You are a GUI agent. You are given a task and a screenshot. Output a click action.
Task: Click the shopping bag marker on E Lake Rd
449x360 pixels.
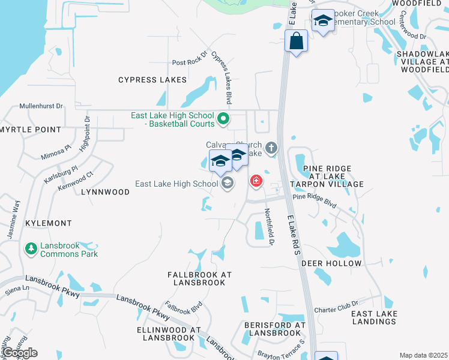tap(296, 41)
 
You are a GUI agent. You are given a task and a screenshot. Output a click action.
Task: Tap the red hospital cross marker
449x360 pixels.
tap(256, 181)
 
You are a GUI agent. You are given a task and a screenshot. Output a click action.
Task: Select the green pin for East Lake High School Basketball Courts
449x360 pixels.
tap(223, 119)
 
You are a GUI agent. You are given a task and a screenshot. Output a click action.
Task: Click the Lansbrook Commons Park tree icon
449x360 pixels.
tap(31, 248)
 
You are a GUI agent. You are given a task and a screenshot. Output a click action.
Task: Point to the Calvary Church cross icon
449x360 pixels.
tap(271, 148)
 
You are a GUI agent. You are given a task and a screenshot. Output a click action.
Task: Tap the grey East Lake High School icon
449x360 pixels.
tap(227, 183)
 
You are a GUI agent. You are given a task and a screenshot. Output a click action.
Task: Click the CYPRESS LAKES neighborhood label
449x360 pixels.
tap(152, 80)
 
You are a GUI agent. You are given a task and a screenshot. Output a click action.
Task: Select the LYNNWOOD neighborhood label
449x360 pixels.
tap(105, 192)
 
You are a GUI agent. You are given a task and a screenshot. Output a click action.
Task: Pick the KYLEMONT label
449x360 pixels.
tap(48, 223)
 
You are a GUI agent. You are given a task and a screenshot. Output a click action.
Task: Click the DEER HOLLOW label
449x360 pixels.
tap(331, 263)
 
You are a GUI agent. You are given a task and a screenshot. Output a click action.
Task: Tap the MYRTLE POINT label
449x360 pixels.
tap(31, 130)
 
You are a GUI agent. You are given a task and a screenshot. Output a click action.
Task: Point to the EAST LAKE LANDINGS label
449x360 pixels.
tap(373, 317)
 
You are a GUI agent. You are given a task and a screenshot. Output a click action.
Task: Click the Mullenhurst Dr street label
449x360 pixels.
tap(41, 106)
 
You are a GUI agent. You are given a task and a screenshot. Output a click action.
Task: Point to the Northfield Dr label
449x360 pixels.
tap(270, 226)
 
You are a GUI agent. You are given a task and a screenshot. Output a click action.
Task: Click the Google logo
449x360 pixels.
tap(19, 353)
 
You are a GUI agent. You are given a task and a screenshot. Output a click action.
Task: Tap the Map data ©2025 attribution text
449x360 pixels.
tap(424, 355)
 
